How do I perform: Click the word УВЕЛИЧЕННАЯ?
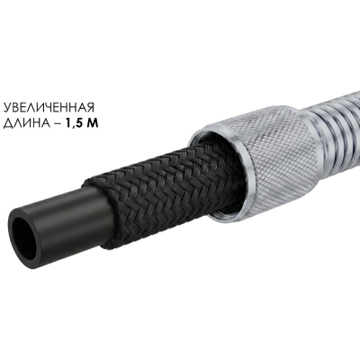click(49, 107)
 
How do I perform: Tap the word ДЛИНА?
click(27, 123)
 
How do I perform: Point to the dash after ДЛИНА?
click(58, 124)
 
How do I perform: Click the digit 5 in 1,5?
click(78, 123)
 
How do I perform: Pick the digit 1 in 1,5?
click(67, 123)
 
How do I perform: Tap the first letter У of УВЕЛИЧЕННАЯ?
click(7, 107)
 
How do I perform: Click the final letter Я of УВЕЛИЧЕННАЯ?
click(90, 107)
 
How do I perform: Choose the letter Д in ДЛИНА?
click(7, 124)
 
